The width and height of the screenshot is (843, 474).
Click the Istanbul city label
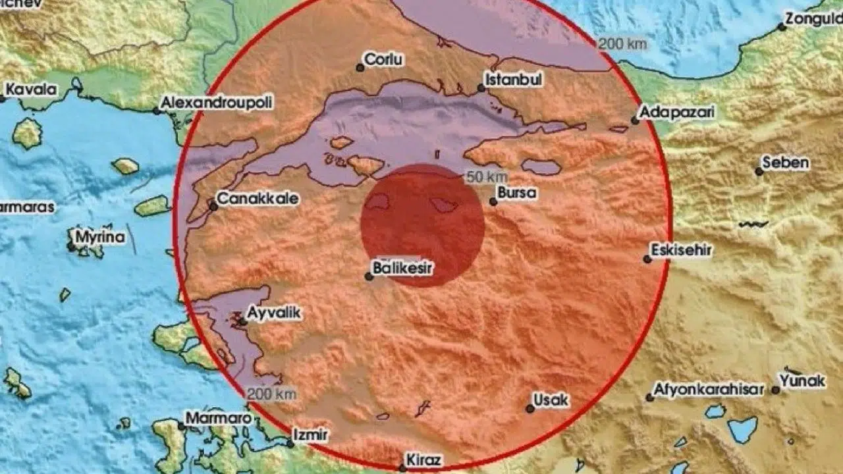pyautogui.click(x=514, y=80)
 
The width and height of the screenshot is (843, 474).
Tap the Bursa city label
pyautogui.click(x=518, y=194)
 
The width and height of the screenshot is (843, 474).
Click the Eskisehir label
pyautogui.click(x=681, y=250)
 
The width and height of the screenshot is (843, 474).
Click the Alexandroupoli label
pyautogui.click(x=217, y=103)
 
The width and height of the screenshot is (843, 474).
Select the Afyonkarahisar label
pyautogui.click(x=709, y=390)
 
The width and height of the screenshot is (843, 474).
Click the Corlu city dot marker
pyautogui.click(x=360, y=67)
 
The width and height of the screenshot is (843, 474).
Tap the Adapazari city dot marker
pyautogui.click(x=635, y=120)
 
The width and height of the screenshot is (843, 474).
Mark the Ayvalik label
pyautogui.click(x=275, y=313)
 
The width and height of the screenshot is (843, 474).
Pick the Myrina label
pyautogui.click(x=100, y=237)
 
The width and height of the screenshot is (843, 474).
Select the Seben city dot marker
pyautogui.click(x=759, y=171)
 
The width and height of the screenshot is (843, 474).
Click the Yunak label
pyautogui.click(x=802, y=381)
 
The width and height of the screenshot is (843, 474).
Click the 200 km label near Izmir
pyautogui.click(x=271, y=394)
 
